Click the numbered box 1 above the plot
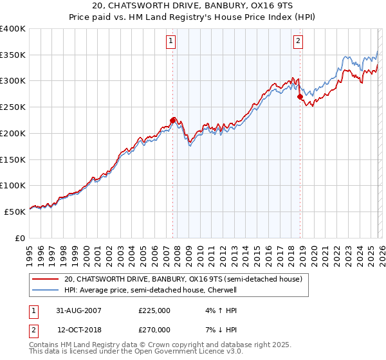[x=172, y=42]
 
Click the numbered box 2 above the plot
[x=299, y=42]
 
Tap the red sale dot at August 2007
[x=172, y=120]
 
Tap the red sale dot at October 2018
[x=300, y=96]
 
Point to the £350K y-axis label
[x=13, y=55]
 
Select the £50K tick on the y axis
[x=15, y=212]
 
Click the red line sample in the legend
[x=46, y=279]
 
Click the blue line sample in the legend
[x=46, y=290]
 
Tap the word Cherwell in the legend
[x=222, y=290]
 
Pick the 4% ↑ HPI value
[x=215, y=310]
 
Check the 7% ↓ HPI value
[x=215, y=329]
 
